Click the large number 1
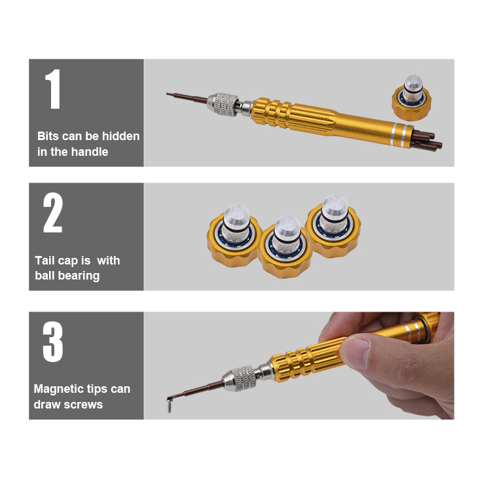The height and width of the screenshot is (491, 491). [x=53, y=89]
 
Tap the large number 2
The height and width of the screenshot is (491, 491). [x=53, y=212]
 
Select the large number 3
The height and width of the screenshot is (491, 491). [x=53, y=342]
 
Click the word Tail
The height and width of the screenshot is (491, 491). [x=45, y=260]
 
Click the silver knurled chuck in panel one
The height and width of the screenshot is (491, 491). [x=223, y=104]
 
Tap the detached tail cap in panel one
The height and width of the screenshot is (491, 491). [x=412, y=98]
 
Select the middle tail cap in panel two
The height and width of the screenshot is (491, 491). [x=285, y=247]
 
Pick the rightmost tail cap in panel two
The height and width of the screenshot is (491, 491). [x=333, y=227]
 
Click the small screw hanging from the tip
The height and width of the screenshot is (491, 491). [x=169, y=405]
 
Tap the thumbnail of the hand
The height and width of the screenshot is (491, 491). [x=355, y=352]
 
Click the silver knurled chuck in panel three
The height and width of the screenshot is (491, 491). [x=240, y=378]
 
